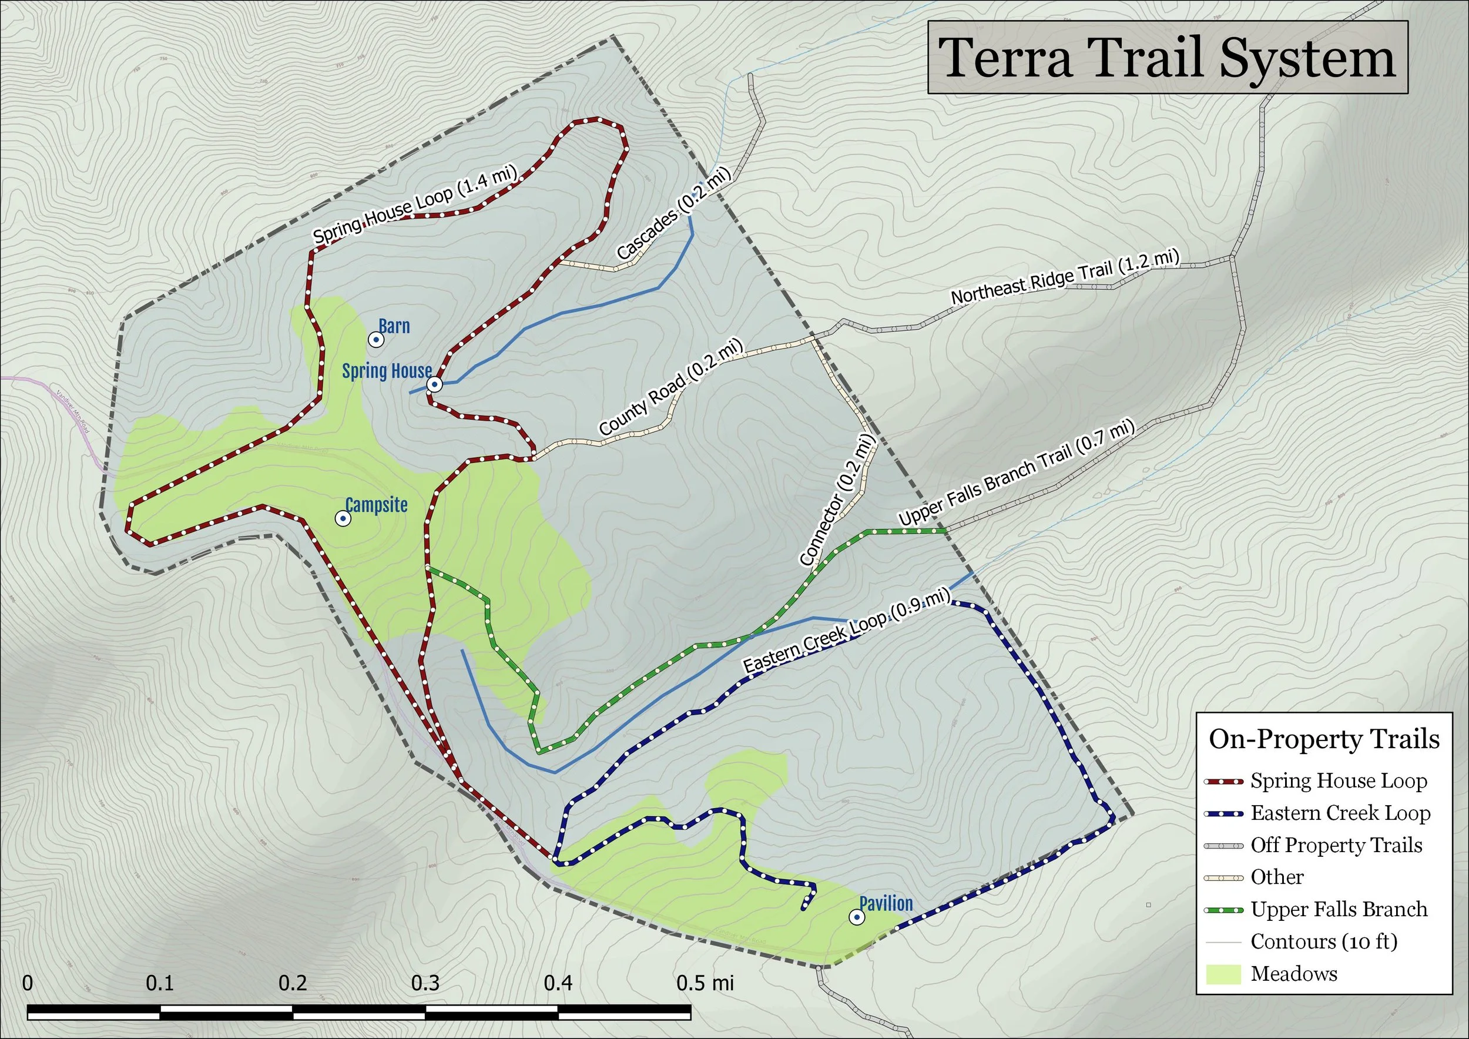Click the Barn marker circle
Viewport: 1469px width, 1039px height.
[x=377, y=340]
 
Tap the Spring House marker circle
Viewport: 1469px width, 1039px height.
[x=434, y=384]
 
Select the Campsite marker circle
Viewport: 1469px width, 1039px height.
[x=343, y=518]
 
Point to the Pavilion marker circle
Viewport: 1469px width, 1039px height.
[x=857, y=917]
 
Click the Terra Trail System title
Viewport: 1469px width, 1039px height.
[x=1167, y=58]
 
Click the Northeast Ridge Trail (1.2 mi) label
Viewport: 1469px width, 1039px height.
[x=1065, y=277]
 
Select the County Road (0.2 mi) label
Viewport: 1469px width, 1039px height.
[x=671, y=387]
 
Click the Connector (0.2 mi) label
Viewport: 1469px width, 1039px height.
[x=836, y=500]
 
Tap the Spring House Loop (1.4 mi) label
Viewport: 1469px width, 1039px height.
[x=415, y=203]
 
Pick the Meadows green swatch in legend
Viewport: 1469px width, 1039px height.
[x=1223, y=974]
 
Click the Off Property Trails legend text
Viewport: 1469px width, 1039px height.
[x=1336, y=845]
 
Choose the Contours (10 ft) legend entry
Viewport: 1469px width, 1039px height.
[x=1324, y=941]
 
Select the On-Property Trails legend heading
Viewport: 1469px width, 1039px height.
[x=1324, y=739]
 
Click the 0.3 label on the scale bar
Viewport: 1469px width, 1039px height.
[x=425, y=983]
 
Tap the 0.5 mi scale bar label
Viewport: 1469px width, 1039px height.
[x=705, y=983]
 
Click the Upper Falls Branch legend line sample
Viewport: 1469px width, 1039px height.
[x=1223, y=910]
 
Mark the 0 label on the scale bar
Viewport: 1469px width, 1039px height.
[x=28, y=983]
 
